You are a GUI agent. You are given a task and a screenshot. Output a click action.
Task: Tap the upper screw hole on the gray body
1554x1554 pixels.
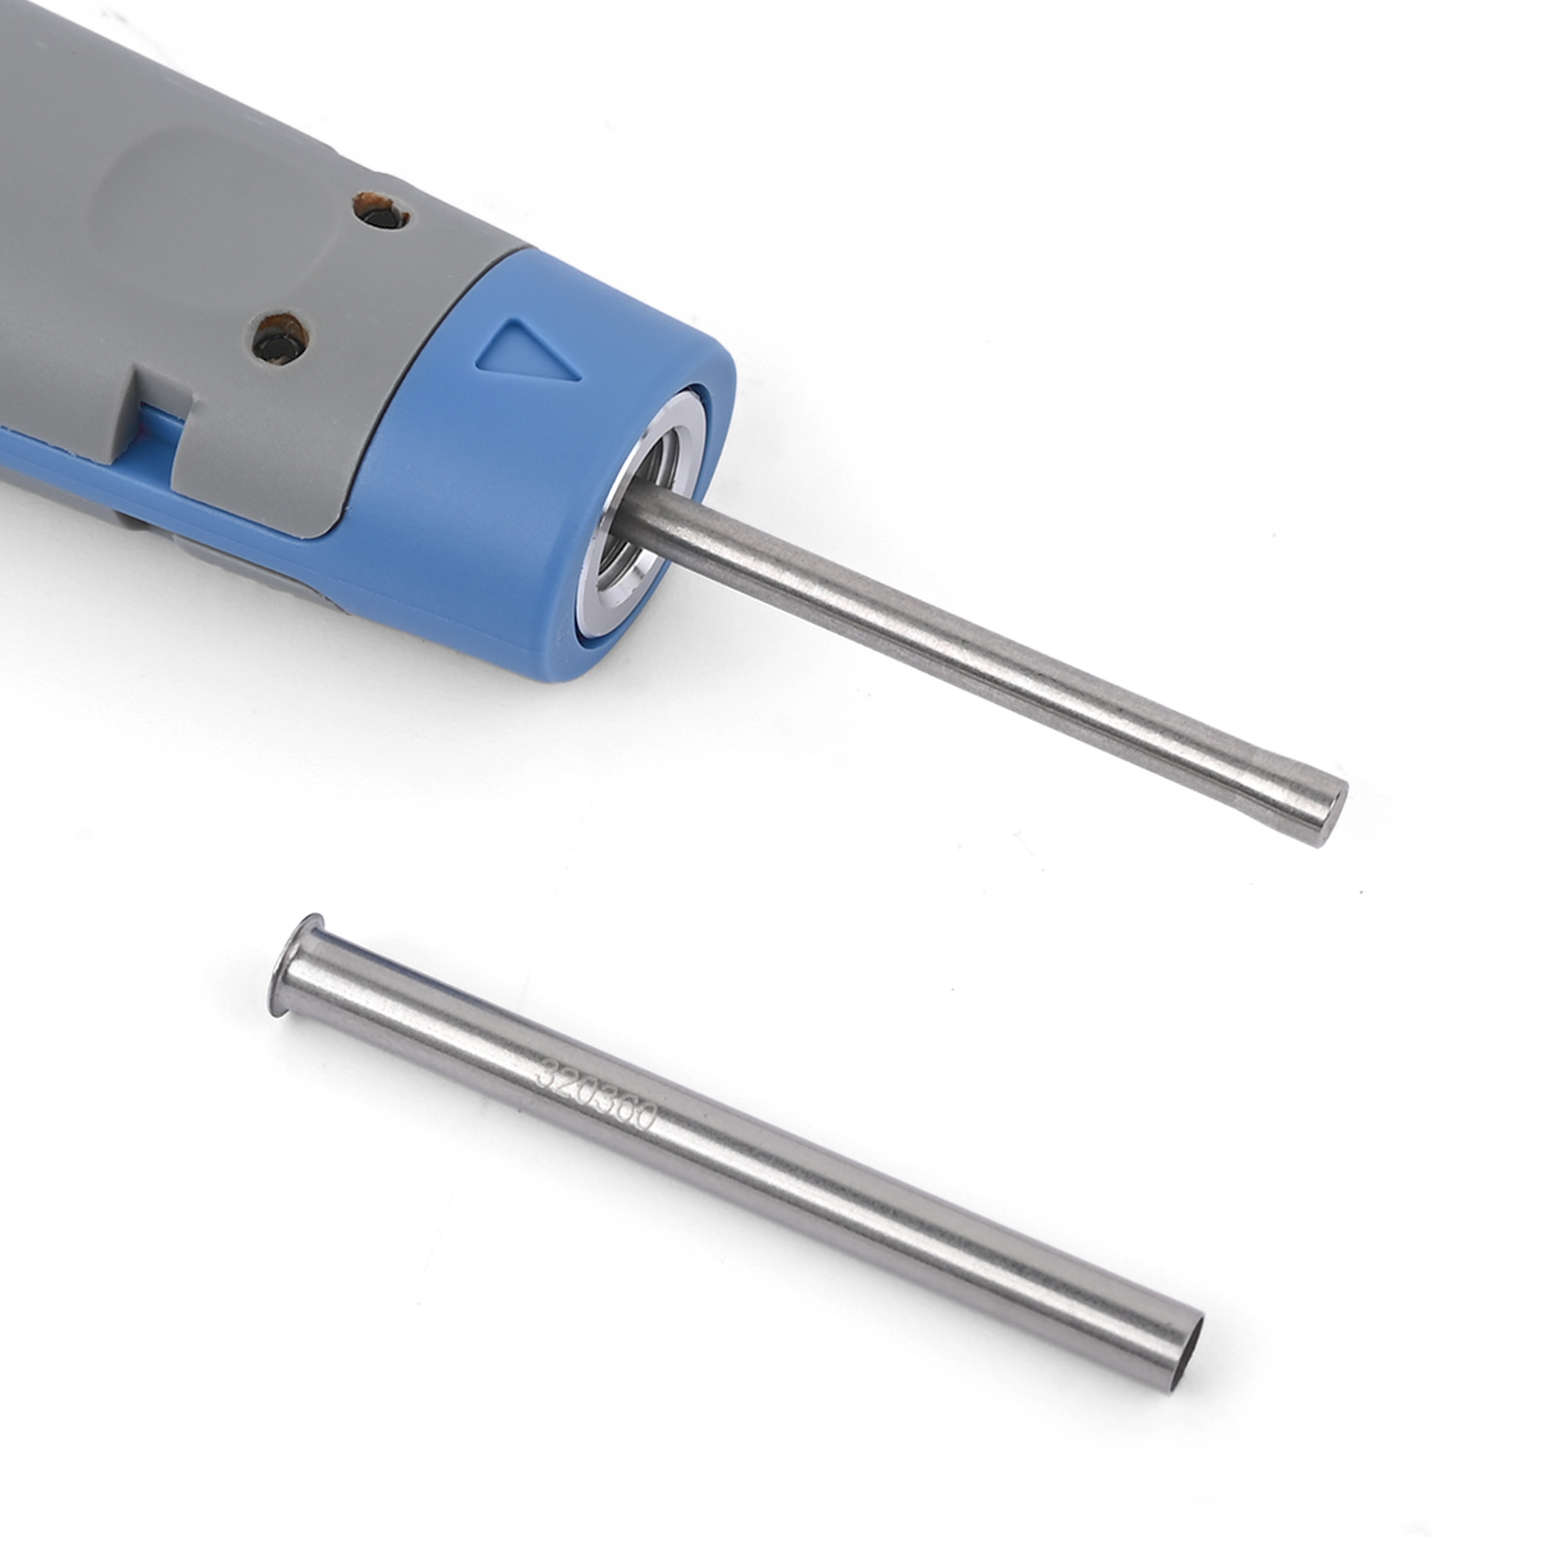pyautogui.click(x=380, y=210)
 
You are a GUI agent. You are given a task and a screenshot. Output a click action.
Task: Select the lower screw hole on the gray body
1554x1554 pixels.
pyautogui.click(x=280, y=339)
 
